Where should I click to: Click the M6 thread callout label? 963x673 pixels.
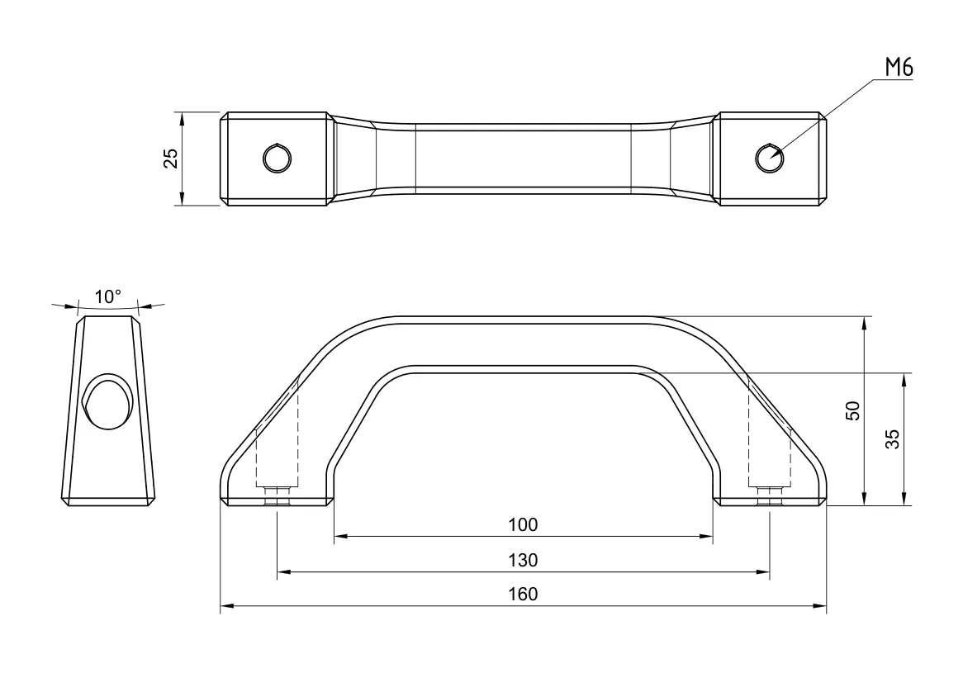899,69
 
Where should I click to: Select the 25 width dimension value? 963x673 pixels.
170,158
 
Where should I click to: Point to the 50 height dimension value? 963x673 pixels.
853,410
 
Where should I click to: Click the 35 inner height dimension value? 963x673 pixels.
893,439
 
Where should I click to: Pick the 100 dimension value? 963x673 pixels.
523,524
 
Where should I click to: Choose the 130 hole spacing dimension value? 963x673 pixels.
523,560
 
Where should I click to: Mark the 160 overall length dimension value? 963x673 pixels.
523,595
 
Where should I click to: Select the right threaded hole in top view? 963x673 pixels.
769,157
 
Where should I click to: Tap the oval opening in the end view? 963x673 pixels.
107,401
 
